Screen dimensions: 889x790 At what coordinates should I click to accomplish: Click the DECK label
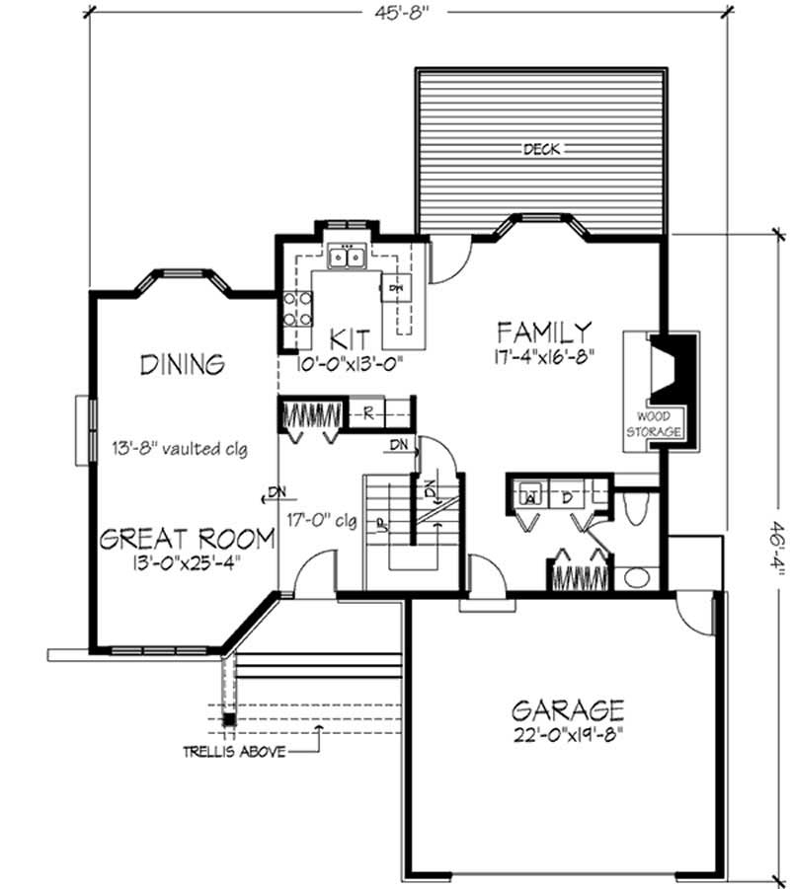pos(541,150)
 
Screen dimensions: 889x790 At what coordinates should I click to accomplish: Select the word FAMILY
pos(544,331)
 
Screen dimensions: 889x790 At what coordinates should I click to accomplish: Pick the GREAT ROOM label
pos(187,539)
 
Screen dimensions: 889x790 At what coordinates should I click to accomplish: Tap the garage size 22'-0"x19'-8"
pos(567,735)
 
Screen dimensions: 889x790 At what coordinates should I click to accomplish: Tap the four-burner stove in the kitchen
pos(298,309)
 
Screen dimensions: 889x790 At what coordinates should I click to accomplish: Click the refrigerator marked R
pos(367,412)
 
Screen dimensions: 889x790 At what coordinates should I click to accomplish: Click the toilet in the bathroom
pos(637,506)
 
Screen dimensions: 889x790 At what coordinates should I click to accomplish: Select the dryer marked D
pos(568,496)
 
